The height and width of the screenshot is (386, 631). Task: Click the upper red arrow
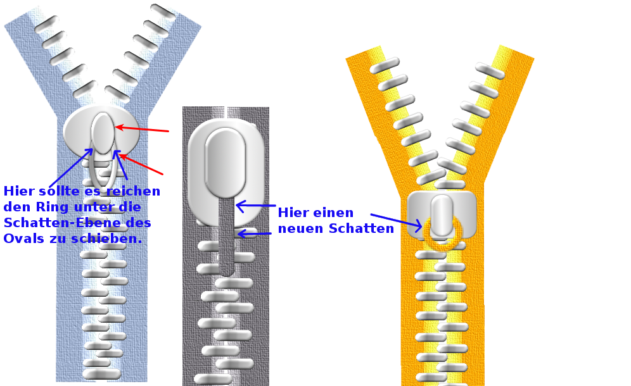[142, 129]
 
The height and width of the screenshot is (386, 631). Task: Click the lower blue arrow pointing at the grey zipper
[254, 233]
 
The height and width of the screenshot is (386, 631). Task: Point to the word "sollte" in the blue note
[55, 191]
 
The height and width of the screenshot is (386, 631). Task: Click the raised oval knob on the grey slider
[225, 161]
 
